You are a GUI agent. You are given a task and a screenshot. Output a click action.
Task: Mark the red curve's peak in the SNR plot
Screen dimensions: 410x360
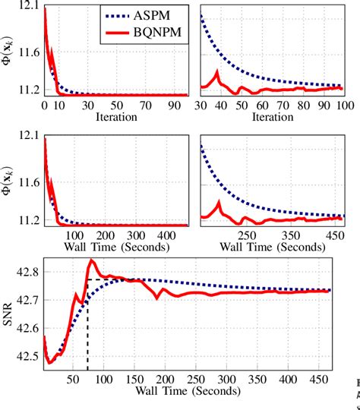[92, 260]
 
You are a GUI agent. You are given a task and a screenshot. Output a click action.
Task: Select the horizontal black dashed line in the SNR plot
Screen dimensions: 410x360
[110, 279]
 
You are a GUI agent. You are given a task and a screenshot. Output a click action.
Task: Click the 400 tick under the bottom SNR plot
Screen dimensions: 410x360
[288, 378]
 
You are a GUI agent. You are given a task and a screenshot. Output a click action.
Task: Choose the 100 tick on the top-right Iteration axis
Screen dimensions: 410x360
[341, 105]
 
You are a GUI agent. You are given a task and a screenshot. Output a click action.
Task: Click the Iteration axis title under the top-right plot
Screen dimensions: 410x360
[270, 117]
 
